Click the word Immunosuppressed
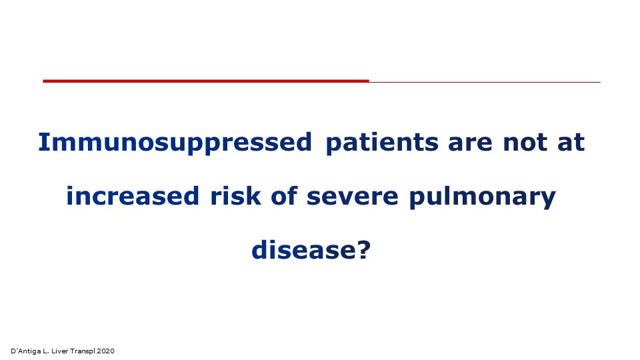pos(175,143)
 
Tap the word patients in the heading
pos(382,143)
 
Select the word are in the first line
pos(470,145)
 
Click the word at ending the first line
pos(571,143)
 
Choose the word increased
pos(133,196)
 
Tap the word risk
pos(235,196)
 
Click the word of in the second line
pos(284,196)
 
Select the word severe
pos(352,197)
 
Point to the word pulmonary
pos(483,197)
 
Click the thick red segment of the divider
pos(206,81)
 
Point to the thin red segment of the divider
pos(485,82)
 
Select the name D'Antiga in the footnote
pos(26,351)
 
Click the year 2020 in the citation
pos(106,351)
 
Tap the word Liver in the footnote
pos(59,351)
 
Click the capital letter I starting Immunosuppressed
pos(42,143)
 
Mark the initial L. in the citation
pos(46,351)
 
